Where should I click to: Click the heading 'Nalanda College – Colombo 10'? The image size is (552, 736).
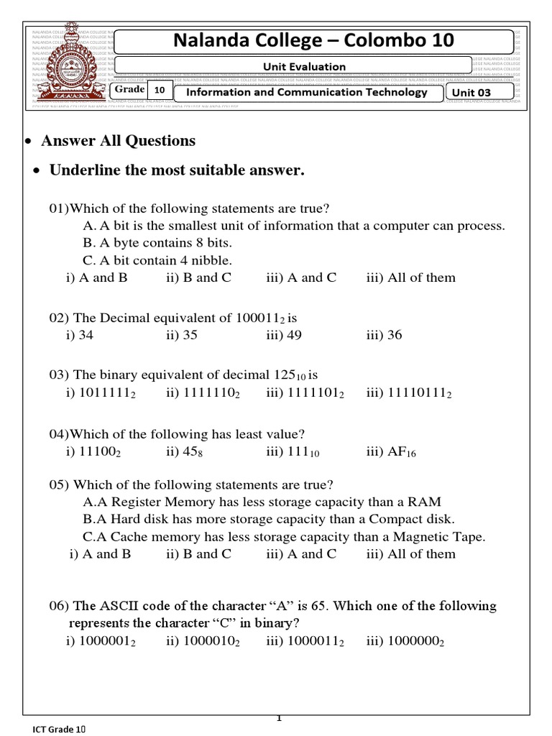point(314,42)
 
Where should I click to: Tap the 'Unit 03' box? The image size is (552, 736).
point(479,92)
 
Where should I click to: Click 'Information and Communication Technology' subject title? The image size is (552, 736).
point(306,92)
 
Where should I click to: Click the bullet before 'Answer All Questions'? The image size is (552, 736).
point(28,141)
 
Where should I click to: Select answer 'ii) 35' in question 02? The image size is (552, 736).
point(182,335)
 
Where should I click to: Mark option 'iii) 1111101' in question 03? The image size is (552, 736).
point(305,393)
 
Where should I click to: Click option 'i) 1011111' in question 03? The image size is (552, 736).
point(101,393)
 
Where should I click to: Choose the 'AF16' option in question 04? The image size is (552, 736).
point(391,452)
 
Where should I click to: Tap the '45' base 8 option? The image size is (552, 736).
point(183,452)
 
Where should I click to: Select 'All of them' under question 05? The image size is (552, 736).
point(410,553)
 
